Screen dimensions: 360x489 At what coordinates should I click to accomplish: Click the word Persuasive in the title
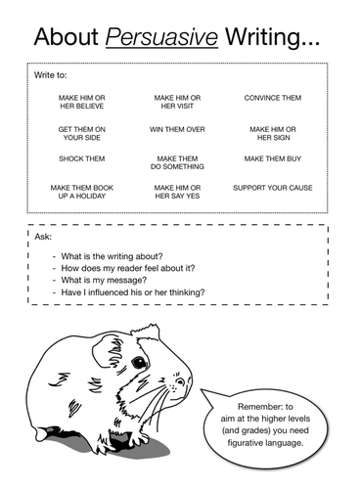click(157, 38)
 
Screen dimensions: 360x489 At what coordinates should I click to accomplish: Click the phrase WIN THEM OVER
click(177, 128)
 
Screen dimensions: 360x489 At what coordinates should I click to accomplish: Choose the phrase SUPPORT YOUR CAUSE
click(272, 187)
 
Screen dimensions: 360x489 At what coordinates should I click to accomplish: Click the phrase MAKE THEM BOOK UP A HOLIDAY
click(81, 191)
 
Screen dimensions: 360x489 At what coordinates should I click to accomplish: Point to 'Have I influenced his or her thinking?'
click(133, 292)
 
